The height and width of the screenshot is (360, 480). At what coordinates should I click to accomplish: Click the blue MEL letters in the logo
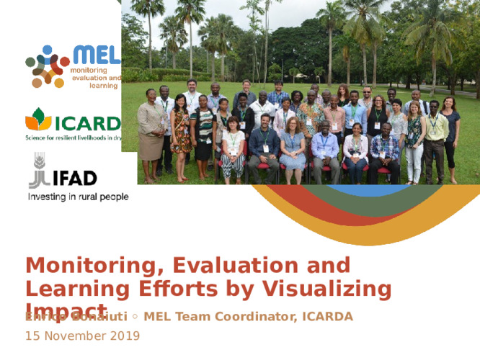tap(96, 55)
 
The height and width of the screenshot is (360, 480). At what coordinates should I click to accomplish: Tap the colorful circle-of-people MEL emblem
tap(48, 66)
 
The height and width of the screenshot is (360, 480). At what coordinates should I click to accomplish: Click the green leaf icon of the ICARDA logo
tap(38, 119)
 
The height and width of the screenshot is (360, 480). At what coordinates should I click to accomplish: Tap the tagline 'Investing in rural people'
tap(78, 197)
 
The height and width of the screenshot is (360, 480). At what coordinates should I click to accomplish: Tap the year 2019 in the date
tap(124, 336)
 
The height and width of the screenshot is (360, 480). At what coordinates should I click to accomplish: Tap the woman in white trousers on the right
tap(414, 140)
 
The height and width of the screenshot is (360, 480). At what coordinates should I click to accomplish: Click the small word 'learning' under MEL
tap(103, 86)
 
